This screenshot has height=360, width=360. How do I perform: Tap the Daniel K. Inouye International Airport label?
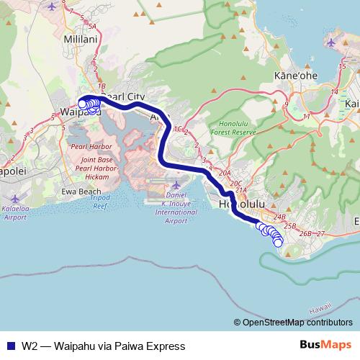176,207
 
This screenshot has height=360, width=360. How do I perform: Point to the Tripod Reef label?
99,202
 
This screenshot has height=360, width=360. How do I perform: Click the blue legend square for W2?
10,346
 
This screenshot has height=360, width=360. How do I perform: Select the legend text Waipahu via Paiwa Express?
104,346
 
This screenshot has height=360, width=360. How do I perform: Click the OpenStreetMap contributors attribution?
297,323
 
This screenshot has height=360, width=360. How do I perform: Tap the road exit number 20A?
224,173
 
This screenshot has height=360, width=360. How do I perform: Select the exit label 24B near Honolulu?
280,217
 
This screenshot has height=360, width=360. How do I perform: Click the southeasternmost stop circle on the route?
278,243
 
